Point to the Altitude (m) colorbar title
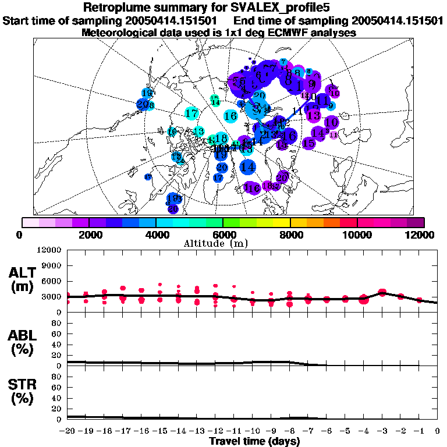(223, 243)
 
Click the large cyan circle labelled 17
(191, 113)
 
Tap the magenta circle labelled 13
(314, 115)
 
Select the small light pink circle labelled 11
(333, 135)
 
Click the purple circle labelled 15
(308, 143)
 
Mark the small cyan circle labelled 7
(283, 62)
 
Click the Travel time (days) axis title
(254, 441)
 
